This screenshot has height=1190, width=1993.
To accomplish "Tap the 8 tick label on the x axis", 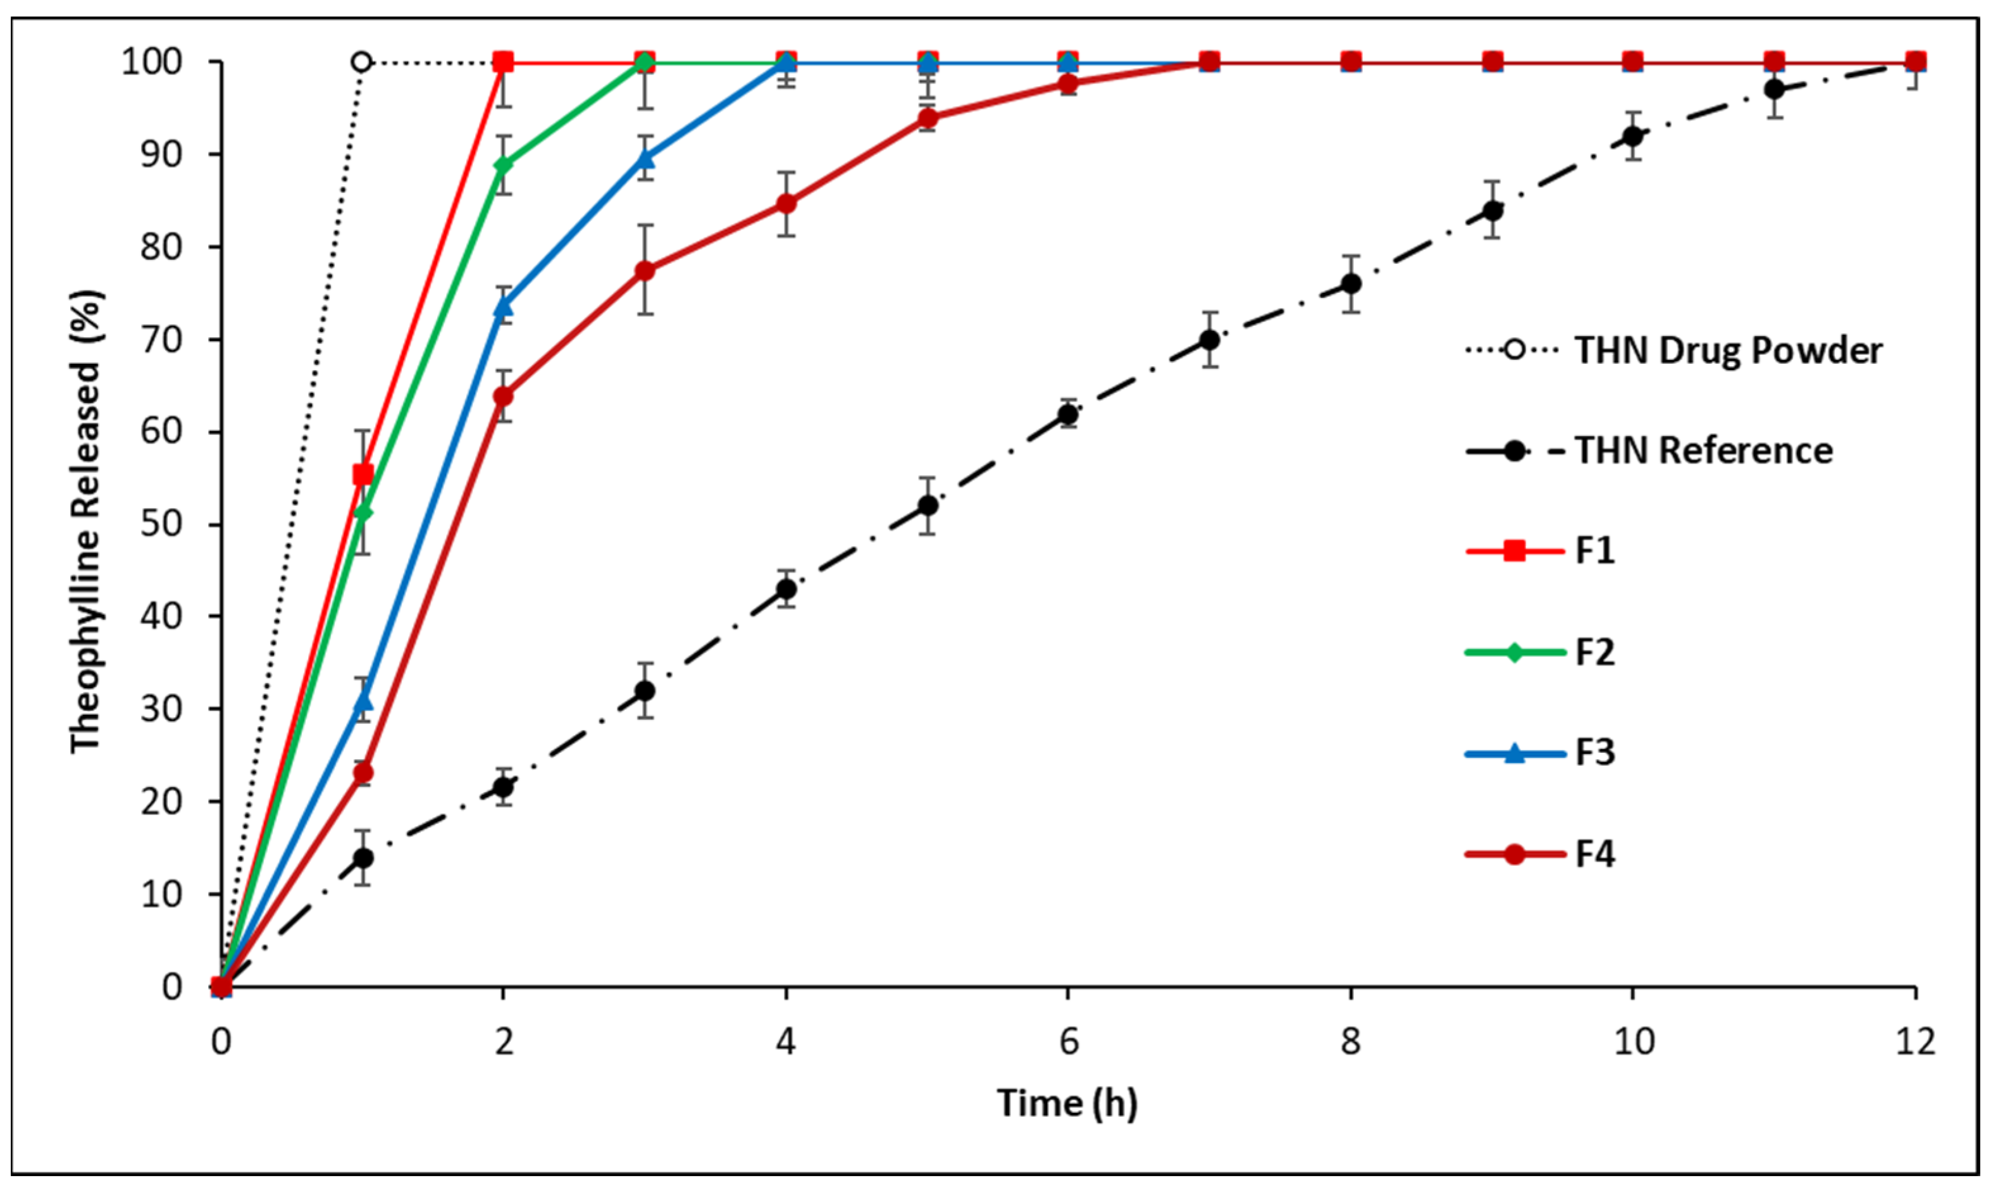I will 1351,1042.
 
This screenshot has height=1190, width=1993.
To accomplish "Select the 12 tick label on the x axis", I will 1915,1042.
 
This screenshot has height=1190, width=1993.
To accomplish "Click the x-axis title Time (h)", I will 1067,1103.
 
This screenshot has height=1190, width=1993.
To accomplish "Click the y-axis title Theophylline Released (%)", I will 86,521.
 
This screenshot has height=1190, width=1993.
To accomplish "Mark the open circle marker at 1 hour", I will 361,62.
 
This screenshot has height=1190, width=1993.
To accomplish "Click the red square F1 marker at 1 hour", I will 363,474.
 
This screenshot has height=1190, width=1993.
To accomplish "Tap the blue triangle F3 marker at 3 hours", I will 645,159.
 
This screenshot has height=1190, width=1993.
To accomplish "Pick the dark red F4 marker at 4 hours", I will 786,204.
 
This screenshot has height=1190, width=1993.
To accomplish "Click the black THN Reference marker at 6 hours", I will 1068,414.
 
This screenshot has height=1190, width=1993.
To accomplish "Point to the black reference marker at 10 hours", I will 1632,136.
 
